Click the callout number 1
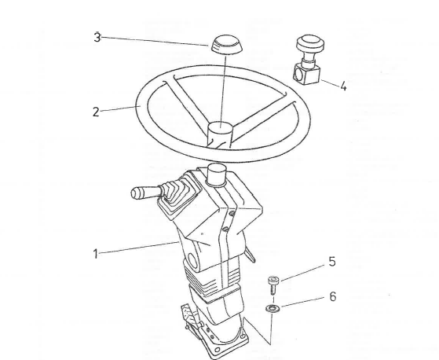coord(96,254)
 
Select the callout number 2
coord(96,112)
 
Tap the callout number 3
coord(97,37)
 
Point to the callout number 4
coord(343,86)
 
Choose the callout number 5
coord(331,262)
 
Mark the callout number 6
coord(333,296)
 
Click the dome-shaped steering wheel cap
coord(226,45)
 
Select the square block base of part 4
coord(306,73)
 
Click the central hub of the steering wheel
coord(220,134)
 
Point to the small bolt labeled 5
coord(273,285)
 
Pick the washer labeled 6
coord(273,308)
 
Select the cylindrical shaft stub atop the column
coord(216,174)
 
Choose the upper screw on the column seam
coord(232,214)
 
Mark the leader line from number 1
coord(139,248)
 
